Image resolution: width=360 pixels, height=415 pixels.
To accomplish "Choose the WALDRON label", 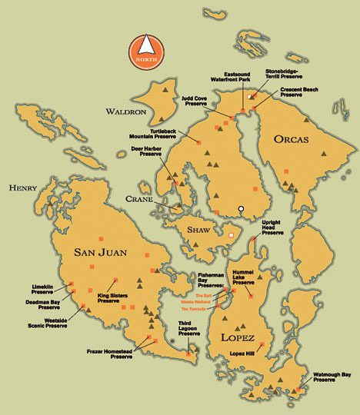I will pyautogui.click(x=125, y=111).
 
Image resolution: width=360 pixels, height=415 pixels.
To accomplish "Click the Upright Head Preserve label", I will pyautogui.click(x=272, y=228).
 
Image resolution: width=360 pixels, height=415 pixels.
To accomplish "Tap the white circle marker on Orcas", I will pyautogui.click(x=241, y=208).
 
